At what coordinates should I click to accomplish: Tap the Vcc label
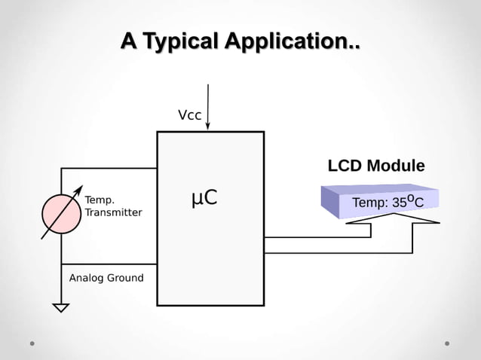pyautogui.click(x=189, y=115)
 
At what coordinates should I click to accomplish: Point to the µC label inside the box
pyautogui.click(x=204, y=197)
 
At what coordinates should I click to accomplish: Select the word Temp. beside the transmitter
pyautogui.click(x=100, y=200)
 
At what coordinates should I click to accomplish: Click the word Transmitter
pyautogui.click(x=113, y=212)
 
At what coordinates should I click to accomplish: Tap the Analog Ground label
pyautogui.click(x=106, y=278)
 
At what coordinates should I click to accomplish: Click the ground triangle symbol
pyautogui.click(x=61, y=307)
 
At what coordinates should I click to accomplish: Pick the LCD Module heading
pyautogui.click(x=375, y=166)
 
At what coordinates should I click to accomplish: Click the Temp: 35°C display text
pyautogui.click(x=388, y=202)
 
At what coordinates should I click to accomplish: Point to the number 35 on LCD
pyautogui.click(x=400, y=203)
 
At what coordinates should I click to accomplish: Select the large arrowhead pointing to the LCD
pyautogui.click(x=392, y=218)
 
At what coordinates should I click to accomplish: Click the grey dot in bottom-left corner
pyautogui.click(x=32, y=343)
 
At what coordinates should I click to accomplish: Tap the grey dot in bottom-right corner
pyautogui.click(x=447, y=343)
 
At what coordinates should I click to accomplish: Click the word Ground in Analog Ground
pyautogui.click(x=124, y=278)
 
